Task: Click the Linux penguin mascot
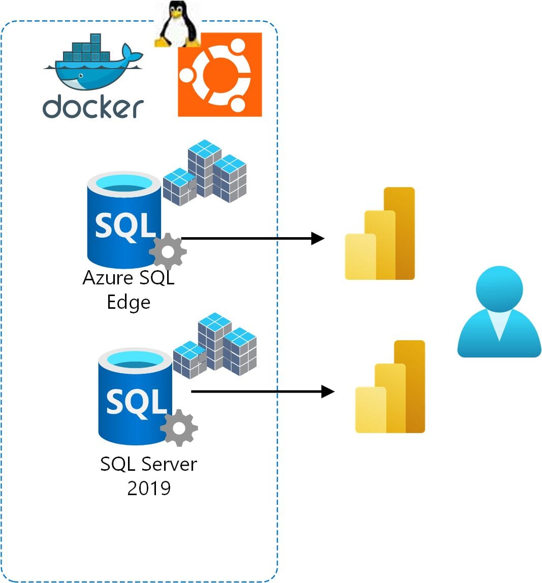176,24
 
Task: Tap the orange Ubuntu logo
219,75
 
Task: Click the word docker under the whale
93,107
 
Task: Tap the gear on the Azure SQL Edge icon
168,251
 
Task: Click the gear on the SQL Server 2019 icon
179,428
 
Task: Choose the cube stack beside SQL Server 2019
215,346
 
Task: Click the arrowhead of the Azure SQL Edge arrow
318,238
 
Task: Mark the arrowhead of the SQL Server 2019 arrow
328,392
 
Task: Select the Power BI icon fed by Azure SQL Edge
380,234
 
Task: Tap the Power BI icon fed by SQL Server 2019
390,387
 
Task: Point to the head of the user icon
499,288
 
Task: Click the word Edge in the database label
129,303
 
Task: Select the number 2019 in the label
149,488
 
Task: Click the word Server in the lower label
169,464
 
